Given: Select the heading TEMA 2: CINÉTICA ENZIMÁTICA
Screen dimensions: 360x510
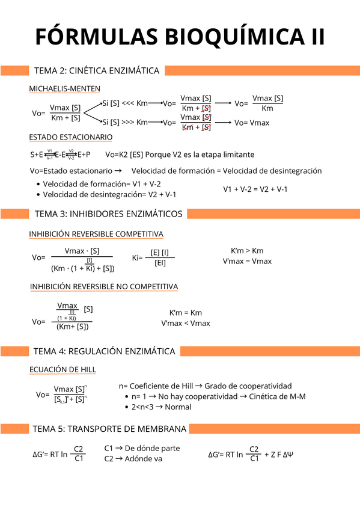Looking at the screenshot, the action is click(x=97, y=71).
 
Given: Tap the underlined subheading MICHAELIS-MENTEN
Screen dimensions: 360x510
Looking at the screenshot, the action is click(x=65, y=88).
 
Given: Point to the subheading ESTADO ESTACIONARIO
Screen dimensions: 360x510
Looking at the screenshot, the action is click(x=71, y=137).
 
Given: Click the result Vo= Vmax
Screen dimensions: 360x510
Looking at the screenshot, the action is click(x=252, y=123).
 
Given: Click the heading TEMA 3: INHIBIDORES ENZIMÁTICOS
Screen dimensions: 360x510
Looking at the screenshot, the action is click(x=108, y=214).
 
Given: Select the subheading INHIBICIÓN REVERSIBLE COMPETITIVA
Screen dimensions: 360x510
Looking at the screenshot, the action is click(x=96, y=233).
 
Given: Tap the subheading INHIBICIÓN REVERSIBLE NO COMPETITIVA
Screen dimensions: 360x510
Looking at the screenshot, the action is click(x=104, y=286).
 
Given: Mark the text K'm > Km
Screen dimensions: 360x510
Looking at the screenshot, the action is click(x=247, y=251).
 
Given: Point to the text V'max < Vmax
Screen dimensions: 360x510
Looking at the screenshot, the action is click(x=186, y=323).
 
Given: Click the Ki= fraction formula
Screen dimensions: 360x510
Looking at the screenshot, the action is click(x=153, y=257).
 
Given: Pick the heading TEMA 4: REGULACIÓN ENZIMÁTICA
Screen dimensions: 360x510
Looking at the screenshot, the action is click(x=105, y=351).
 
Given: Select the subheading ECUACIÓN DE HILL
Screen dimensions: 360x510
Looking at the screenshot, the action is click(x=63, y=369).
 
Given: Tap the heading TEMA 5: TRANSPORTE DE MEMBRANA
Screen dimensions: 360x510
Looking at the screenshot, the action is click(x=110, y=429).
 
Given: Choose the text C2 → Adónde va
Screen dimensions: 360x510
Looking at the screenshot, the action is click(x=133, y=459).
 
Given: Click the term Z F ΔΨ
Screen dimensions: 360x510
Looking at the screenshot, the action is click(x=278, y=454).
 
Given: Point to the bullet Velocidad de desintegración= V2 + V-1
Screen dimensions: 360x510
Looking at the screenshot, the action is click(x=109, y=194).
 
